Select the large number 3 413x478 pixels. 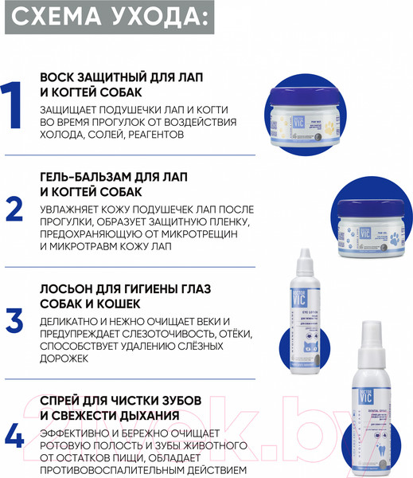(15, 319)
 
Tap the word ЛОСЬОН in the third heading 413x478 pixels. (68, 288)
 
